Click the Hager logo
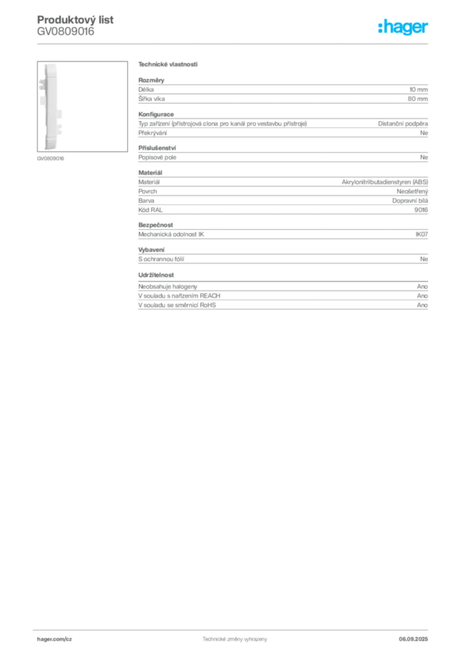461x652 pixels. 403,27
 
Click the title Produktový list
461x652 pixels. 75,20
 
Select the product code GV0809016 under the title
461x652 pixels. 66,31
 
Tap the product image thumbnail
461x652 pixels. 82,106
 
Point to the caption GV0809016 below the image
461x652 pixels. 50,159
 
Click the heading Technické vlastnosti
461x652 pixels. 168,64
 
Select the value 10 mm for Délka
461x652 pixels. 418,89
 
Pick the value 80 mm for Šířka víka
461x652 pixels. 418,99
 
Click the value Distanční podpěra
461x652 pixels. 403,124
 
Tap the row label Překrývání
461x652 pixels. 153,133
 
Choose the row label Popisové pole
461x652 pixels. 157,157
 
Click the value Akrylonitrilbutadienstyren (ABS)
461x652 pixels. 385,182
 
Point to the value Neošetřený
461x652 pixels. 413,191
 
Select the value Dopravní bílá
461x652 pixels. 410,201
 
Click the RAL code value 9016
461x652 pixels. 421,210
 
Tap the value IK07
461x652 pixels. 422,234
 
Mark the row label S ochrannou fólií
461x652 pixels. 161,259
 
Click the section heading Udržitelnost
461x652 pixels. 156,275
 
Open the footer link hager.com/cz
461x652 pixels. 55,639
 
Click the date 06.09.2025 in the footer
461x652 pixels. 413,639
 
